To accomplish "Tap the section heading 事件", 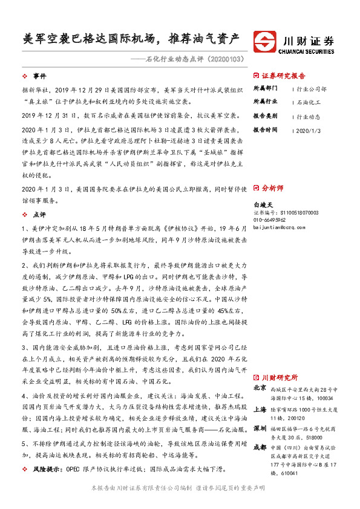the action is (39, 76).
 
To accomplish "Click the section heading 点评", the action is (39, 214).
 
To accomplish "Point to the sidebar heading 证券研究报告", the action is (283, 76).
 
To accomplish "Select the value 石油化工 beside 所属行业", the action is (310, 102).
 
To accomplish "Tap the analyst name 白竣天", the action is (263, 206).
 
